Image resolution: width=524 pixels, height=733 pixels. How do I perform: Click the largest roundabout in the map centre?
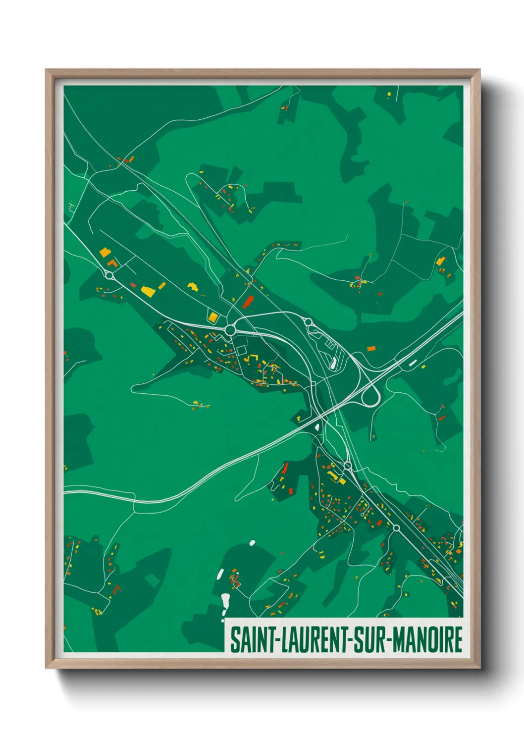(230, 329)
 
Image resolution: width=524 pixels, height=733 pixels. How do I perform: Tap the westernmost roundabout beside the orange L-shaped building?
(110, 275)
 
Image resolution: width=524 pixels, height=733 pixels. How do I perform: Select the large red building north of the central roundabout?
(248, 301)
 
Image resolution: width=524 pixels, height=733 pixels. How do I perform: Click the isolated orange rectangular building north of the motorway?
(371, 349)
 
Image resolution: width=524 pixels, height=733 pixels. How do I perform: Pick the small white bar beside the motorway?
(413, 363)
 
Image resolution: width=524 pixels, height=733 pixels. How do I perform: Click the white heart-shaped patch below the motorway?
(316, 426)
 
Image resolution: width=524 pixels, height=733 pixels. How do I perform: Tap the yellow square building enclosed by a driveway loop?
(213, 317)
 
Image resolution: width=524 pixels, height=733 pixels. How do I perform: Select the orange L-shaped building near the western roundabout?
(112, 262)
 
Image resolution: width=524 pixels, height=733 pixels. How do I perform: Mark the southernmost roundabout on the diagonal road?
(396, 528)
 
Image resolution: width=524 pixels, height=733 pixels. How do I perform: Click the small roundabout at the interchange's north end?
(308, 322)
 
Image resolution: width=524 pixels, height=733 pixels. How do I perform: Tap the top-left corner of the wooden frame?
(46, 70)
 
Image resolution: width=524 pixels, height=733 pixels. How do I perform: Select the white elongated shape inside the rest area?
(332, 365)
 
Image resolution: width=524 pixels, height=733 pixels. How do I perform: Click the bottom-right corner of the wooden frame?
(479, 667)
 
